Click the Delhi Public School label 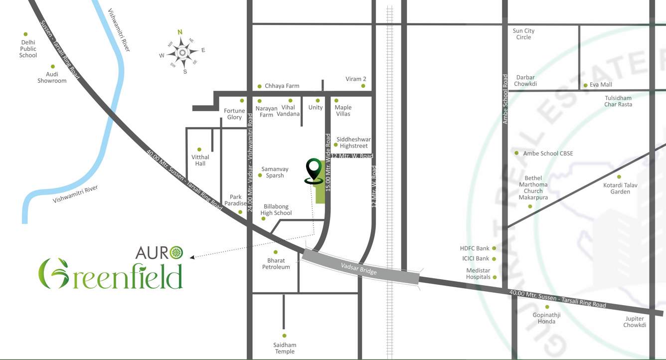[x=28, y=49]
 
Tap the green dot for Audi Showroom [x=53, y=66]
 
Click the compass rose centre [x=182, y=52]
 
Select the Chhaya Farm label [x=282, y=86]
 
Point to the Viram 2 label [x=356, y=79]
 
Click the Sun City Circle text [x=523, y=34]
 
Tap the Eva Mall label [x=601, y=85]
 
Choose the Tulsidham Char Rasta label [x=618, y=101]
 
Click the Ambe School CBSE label [x=548, y=153]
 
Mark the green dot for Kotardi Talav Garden [x=619, y=177]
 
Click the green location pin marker [x=313, y=170]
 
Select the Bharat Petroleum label [x=276, y=264]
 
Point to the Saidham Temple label [x=285, y=348]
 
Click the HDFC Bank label [x=475, y=248]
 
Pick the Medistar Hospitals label [x=478, y=274]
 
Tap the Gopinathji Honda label [x=544, y=318]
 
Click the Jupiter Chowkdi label [x=635, y=322]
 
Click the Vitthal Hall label [x=200, y=160]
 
